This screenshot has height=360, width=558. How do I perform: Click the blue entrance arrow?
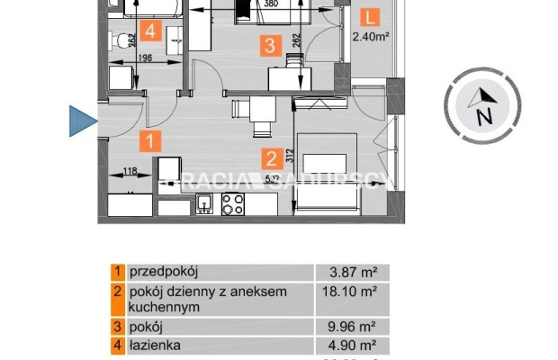(x=82, y=120)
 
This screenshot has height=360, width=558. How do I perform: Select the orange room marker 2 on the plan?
(x=271, y=158)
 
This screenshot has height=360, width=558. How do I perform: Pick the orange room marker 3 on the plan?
(x=267, y=42)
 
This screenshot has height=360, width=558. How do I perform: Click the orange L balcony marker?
(x=368, y=16)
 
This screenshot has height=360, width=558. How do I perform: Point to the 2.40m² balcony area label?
(x=370, y=37)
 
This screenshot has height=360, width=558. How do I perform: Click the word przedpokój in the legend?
(x=165, y=270)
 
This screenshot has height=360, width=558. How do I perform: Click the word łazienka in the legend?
(x=156, y=343)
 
